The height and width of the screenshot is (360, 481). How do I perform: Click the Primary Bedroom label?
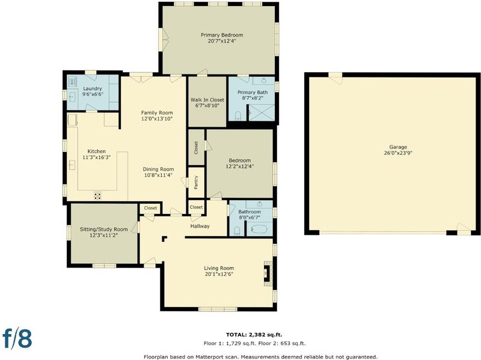(222, 35)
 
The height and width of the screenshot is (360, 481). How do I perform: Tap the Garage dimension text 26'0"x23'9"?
(398, 153)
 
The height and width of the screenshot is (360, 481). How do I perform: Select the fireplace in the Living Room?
(268, 273)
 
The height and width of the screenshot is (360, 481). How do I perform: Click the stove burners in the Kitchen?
(97, 195)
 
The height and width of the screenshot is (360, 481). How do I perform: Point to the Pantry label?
(196, 182)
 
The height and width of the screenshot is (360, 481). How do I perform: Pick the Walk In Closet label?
(207, 100)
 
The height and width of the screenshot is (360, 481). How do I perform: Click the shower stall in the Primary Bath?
(261, 112)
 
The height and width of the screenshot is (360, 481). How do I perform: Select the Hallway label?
(200, 226)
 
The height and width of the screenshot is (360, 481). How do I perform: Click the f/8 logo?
(17, 338)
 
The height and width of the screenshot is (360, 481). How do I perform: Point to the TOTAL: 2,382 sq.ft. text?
(254, 335)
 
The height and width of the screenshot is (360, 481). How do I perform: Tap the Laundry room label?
(93, 88)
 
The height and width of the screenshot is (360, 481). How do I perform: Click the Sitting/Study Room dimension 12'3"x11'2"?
(103, 235)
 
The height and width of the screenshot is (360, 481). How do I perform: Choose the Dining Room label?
(158, 169)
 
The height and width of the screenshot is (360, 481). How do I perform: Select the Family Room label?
(157, 112)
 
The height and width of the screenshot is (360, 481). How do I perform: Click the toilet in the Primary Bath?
(237, 116)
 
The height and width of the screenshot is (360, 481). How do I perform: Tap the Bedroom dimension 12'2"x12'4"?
(239, 166)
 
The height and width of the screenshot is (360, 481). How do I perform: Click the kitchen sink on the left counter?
(72, 165)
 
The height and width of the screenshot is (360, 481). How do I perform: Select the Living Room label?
(219, 268)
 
